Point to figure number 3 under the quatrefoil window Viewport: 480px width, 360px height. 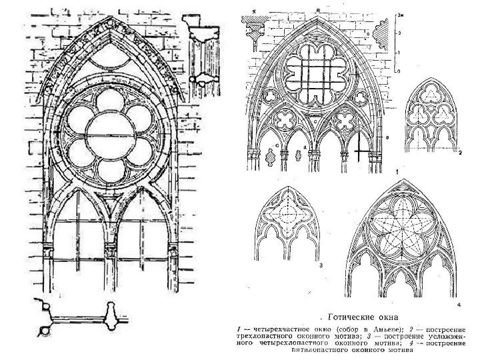[321, 265]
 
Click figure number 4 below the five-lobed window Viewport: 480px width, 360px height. [459, 305]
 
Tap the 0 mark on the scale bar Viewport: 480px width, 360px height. [399, 69]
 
